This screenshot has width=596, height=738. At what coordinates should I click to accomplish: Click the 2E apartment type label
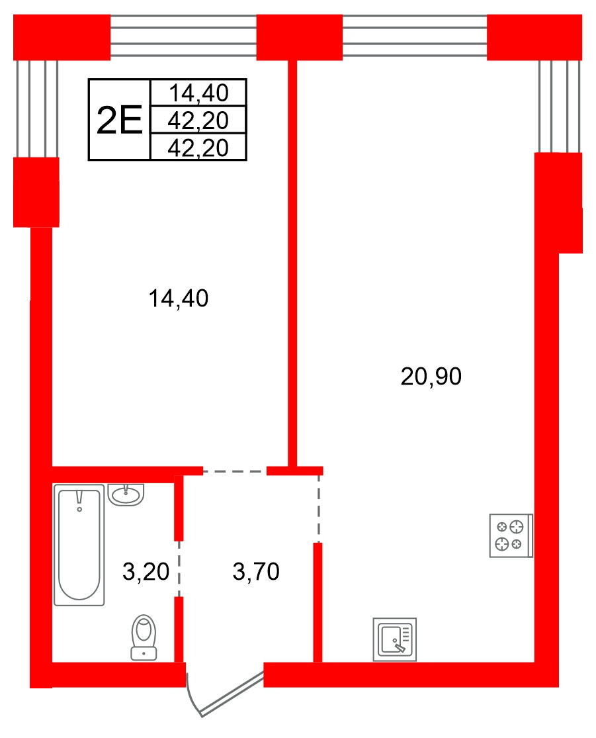[119, 120]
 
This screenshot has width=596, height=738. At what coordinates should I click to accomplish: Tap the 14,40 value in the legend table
[198, 93]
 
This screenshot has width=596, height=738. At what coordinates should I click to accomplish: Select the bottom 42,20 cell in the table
[198, 148]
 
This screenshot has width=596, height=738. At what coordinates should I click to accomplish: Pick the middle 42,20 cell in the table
[198, 120]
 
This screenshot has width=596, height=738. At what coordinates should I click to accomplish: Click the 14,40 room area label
[179, 299]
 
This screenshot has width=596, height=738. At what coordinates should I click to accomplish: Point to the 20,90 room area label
[431, 377]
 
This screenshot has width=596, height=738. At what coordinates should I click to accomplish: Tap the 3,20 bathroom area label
[146, 571]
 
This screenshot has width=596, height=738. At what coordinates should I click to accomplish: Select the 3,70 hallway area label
[257, 571]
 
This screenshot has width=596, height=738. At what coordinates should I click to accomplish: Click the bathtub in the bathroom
[79, 545]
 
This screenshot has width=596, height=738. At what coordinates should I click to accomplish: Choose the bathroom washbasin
[126, 494]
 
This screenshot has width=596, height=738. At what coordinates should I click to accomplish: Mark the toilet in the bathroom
[144, 637]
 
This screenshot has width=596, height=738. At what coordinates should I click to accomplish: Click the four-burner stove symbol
[511, 535]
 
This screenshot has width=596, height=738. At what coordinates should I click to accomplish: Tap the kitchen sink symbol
[395, 639]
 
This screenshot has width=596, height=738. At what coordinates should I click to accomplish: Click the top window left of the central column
[183, 36]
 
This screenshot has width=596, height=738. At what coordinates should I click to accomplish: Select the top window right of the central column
[415, 36]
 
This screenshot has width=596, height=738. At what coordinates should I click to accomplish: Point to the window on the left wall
[37, 109]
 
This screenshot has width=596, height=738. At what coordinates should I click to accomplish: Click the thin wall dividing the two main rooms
[292, 263]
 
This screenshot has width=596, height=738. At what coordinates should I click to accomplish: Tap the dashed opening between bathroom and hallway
[179, 569]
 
